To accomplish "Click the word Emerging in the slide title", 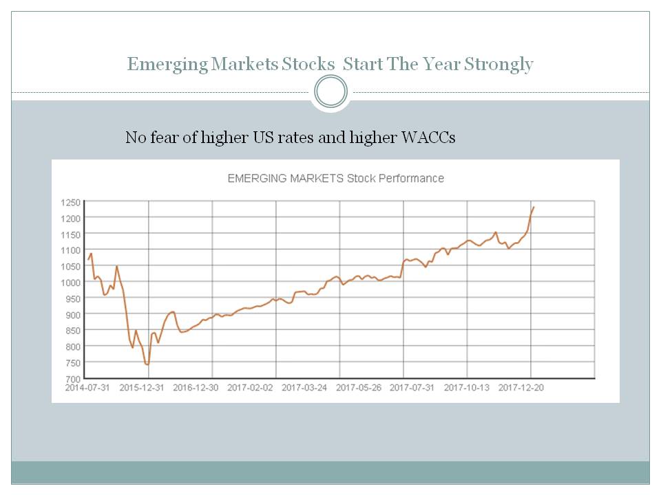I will [167, 65].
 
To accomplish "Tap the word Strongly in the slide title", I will [499, 65].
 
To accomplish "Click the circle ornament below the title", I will [330, 91].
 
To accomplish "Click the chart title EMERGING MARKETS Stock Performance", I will [335, 178].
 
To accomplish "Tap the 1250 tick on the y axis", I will [72, 202].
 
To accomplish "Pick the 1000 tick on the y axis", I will [72, 283].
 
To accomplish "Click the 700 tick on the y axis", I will [74, 379].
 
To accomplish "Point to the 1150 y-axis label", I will [72, 234].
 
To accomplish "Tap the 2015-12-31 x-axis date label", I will [141, 388].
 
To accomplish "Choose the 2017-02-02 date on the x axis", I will [250, 388].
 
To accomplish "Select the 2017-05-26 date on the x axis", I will [359, 388].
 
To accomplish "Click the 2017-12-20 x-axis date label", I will [521, 388].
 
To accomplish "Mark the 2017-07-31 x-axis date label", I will [412, 388].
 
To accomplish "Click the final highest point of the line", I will [534, 207].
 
